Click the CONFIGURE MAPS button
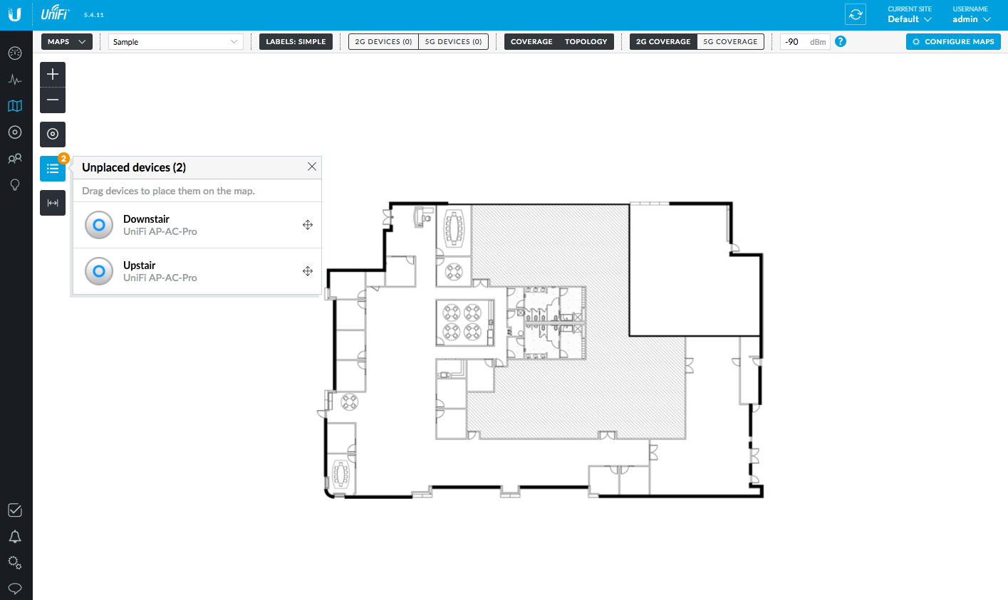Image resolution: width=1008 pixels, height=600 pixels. click(x=953, y=41)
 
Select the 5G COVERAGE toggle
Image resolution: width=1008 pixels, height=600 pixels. click(x=730, y=41)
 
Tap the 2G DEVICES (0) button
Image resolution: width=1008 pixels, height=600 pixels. click(x=383, y=41)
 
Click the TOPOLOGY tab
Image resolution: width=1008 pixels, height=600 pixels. click(x=586, y=41)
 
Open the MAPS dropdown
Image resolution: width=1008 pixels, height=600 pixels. click(x=66, y=41)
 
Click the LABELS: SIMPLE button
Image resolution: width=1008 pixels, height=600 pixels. click(x=296, y=41)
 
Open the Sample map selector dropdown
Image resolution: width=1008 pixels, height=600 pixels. click(x=175, y=41)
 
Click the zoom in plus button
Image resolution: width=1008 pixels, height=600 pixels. click(x=53, y=74)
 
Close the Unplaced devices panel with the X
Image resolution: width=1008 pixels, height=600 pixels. click(x=312, y=167)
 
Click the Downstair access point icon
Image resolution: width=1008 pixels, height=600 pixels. click(x=99, y=225)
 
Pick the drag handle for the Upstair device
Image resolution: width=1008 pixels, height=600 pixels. click(x=307, y=271)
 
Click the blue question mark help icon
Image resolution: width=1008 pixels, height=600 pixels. click(x=840, y=41)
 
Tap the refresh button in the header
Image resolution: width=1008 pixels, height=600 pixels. click(x=856, y=14)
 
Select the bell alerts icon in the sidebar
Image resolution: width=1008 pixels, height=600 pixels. click(x=15, y=537)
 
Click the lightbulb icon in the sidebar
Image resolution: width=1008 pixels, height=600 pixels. click(x=15, y=185)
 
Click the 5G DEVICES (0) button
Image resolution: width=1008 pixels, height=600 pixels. click(x=453, y=41)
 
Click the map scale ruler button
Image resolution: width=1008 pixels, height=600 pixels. click(x=53, y=203)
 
